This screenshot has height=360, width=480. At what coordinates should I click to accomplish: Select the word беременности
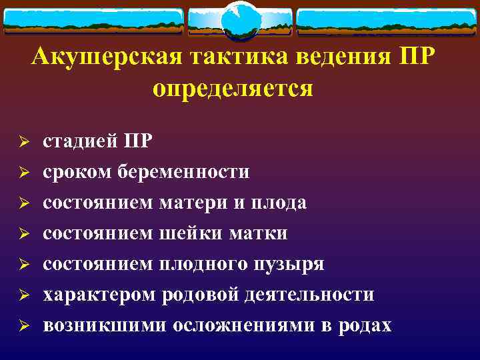184,172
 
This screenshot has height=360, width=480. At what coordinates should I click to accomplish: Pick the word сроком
77,172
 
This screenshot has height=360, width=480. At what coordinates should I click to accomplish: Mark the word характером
99,295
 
